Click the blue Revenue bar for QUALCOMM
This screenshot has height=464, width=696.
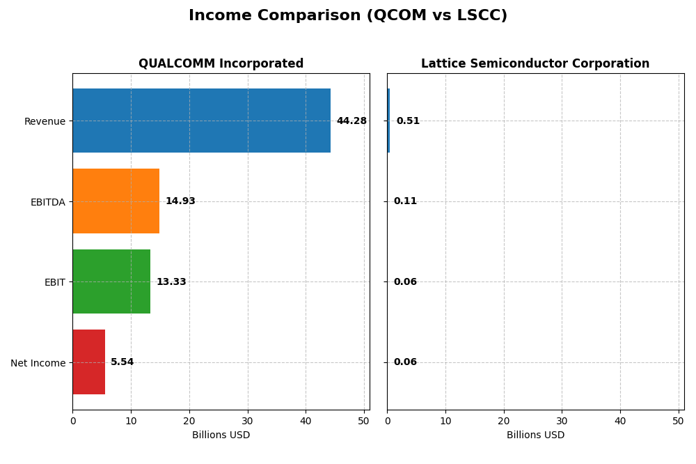[201, 121]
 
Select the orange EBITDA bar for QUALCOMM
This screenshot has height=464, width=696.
[116, 201]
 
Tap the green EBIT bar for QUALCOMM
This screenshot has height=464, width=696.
[111, 281]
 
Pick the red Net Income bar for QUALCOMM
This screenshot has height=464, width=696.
[88, 362]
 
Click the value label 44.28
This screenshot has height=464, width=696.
[351, 121]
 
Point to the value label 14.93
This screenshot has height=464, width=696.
[180, 201]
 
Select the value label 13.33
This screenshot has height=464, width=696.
[171, 282]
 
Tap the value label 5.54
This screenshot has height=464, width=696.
[122, 362]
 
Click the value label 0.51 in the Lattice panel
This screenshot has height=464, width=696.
[408, 121]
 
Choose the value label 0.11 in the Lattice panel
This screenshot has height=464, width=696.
[405, 201]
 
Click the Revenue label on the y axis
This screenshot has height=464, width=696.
[45, 122]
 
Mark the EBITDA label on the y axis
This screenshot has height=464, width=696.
[47, 202]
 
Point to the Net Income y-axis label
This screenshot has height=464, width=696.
[38, 363]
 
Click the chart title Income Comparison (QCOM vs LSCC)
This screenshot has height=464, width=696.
[348, 15]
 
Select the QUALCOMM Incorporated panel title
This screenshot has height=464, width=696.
[221, 64]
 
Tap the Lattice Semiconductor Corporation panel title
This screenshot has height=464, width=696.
[535, 64]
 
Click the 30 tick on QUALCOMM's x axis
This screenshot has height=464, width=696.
[247, 421]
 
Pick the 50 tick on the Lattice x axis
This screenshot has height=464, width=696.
[678, 421]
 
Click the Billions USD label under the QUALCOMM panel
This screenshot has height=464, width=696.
[221, 435]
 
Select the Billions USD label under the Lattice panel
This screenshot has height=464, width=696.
[535, 435]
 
